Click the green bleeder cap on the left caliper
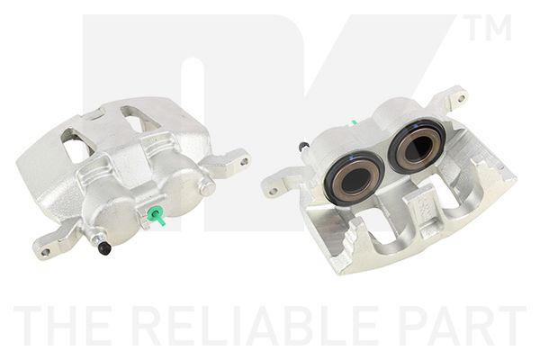coord(156,215)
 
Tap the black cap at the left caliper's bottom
coord(104,247)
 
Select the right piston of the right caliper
coord(416,146)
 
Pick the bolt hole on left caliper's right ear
coord(242,162)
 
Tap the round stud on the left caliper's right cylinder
coord(208,187)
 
